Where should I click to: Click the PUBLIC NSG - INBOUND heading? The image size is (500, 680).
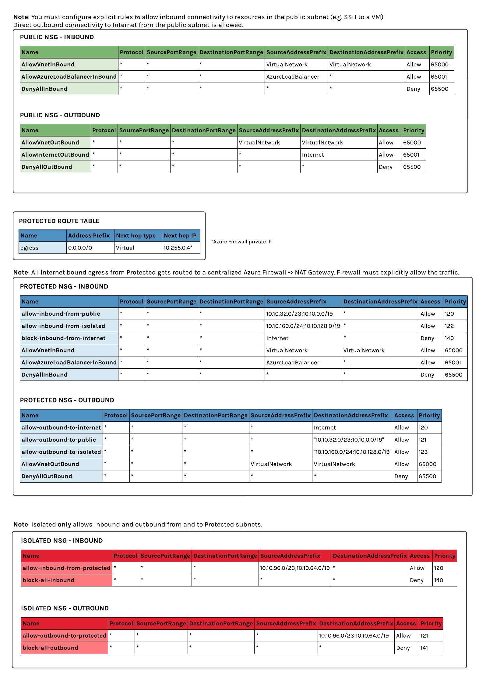point(57,37)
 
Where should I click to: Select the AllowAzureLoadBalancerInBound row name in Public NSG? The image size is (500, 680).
point(69,77)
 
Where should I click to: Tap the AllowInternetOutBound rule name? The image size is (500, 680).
point(55,155)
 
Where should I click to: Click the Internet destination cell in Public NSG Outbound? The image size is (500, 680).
point(313,155)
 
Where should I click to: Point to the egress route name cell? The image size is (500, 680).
point(30,248)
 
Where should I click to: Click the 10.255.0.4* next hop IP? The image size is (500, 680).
point(178,248)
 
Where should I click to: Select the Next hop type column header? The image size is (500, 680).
point(136,236)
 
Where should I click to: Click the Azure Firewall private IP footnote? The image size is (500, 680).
point(241,242)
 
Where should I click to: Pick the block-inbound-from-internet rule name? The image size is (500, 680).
point(63,338)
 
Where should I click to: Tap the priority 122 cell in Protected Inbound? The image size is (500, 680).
point(449,326)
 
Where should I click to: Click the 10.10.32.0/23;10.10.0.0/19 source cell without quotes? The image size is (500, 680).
point(299,314)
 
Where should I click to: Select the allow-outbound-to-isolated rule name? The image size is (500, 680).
point(61,452)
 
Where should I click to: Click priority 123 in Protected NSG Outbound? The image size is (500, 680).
point(423,452)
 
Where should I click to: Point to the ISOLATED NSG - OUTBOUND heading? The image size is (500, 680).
point(65,608)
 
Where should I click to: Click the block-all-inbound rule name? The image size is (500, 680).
point(48,580)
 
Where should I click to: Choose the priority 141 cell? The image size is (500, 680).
point(424,648)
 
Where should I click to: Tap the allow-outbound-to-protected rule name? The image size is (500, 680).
point(64,636)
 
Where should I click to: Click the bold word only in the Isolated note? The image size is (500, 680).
point(64,525)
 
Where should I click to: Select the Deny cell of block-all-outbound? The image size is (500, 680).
point(403,648)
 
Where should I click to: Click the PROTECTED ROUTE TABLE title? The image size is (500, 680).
point(59,221)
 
